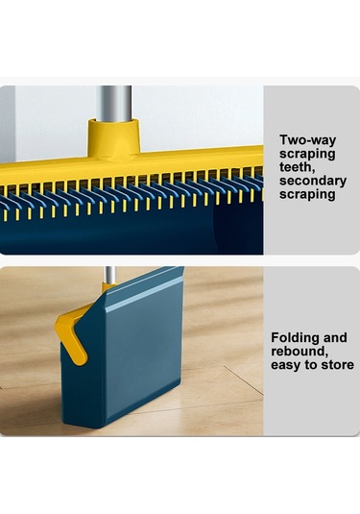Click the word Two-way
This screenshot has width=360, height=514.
point(307,140)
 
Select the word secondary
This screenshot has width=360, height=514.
point(313,181)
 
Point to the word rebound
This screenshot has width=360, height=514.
point(300,352)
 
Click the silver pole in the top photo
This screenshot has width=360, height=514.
point(113,103)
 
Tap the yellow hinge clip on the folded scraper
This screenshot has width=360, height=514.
point(70,336)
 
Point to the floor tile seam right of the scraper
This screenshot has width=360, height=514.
point(244,380)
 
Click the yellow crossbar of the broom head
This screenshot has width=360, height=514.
point(131,165)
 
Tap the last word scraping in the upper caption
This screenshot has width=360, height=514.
point(307,194)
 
